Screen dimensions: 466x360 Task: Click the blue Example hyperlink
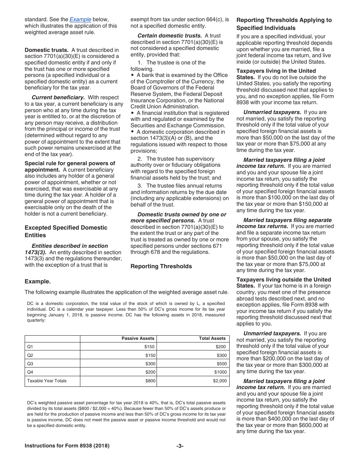[80, 19]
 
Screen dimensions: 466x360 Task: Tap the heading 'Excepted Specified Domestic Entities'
[66, 231]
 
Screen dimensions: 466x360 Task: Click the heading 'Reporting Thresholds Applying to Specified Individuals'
[284, 24]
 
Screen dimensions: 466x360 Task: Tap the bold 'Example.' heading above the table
[38, 281]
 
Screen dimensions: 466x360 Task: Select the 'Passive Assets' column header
[138, 338]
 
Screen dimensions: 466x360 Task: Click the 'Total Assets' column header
[212, 338]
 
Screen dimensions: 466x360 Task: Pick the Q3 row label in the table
[30, 364]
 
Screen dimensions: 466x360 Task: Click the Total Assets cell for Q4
[220, 372]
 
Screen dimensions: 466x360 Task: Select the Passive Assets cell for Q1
[150, 347]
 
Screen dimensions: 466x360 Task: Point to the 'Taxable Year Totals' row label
[47, 381]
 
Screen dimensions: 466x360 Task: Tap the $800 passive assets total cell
[150, 381]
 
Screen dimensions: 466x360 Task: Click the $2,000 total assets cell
[220, 381]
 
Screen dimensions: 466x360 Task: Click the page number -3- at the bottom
[180, 446]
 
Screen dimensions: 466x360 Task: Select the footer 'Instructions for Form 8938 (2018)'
[67, 446]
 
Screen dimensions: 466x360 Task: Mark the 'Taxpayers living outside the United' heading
[283, 280]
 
